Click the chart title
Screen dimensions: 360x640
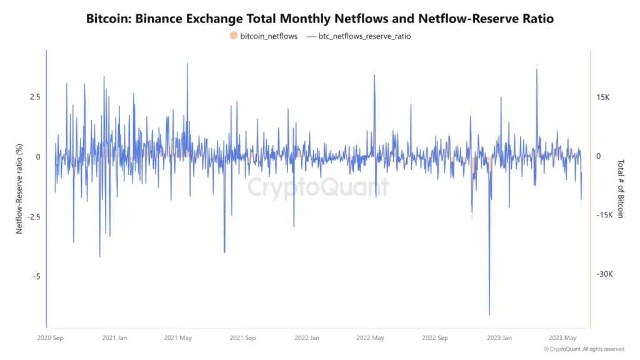pyautogui.click(x=320, y=19)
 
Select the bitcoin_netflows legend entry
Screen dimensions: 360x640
pyautogui.click(x=263, y=36)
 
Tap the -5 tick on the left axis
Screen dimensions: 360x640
pyautogui.click(x=36, y=276)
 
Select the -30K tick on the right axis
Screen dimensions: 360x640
pyautogui.click(x=604, y=274)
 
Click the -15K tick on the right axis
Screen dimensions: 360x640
pyautogui.click(x=604, y=215)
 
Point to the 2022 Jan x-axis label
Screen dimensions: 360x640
pyautogui.click(x=306, y=338)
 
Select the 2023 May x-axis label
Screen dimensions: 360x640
pyautogui.click(x=562, y=338)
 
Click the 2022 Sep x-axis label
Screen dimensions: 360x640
pyautogui.click(x=435, y=338)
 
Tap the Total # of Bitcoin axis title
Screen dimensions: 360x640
pyautogui.click(x=621, y=188)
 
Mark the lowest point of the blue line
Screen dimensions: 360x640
pyautogui.click(x=489, y=315)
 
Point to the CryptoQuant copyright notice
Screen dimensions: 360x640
pyautogui.click(x=584, y=349)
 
